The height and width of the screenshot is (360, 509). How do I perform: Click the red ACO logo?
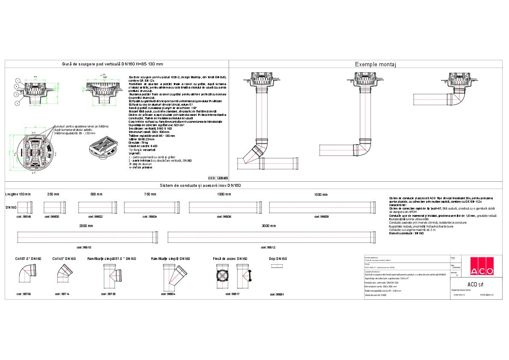[482, 266]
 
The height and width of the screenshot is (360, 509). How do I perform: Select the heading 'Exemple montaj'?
[376, 65]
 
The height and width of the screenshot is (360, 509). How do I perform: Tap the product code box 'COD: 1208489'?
[218, 178]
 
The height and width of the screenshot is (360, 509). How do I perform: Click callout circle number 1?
[18, 80]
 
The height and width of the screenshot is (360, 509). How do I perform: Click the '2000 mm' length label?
[86, 226]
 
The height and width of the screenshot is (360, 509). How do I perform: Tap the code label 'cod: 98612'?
[268, 247]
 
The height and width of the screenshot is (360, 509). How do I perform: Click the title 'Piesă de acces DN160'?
[230, 259]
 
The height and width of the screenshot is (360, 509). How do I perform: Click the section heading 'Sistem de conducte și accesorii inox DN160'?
[200, 186]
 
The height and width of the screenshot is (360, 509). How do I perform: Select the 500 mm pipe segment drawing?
[97, 207]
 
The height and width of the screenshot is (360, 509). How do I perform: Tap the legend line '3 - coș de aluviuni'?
[141, 164]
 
